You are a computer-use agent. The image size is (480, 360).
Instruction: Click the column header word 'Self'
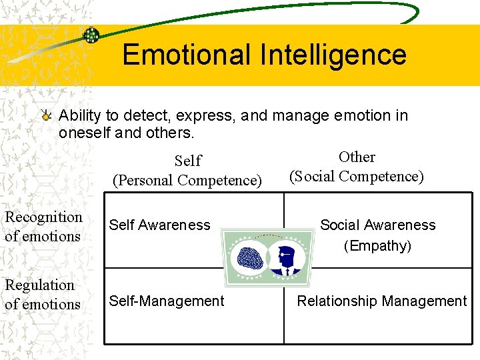(187, 161)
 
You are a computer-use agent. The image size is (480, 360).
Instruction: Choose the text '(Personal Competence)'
(187, 180)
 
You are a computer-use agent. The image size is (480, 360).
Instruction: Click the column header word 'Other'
(357, 157)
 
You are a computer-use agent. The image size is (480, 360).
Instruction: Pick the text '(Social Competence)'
(356, 177)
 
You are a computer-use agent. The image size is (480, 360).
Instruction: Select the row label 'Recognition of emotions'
(43, 227)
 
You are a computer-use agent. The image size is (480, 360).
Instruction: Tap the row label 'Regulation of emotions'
(42, 295)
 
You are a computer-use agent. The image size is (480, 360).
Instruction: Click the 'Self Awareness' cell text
(159, 225)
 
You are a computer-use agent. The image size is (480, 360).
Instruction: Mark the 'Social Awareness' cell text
(377, 225)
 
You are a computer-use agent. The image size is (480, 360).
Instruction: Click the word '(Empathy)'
(377, 246)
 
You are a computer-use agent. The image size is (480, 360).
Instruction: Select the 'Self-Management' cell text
(167, 301)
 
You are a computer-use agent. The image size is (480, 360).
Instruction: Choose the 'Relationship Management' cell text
(381, 301)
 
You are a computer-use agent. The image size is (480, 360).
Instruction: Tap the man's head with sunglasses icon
(287, 257)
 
